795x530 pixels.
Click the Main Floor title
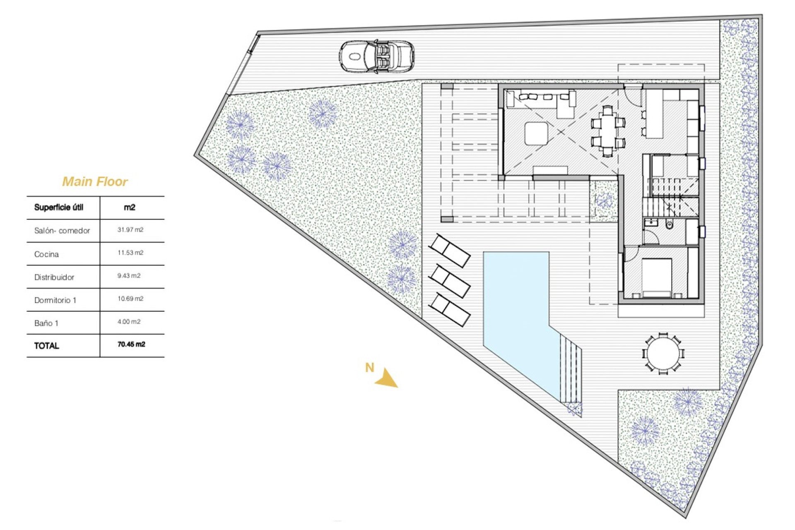(95, 181)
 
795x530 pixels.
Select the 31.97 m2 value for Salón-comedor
(130, 230)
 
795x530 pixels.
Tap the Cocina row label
(46, 254)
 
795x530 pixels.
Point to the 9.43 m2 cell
(129, 276)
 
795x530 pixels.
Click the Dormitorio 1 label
(55, 300)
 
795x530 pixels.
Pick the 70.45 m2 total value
(131, 344)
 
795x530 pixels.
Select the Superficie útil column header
(59, 207)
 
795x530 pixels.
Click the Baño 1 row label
(46, 323)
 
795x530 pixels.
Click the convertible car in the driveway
(376, 57)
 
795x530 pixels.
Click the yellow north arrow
(387, 378)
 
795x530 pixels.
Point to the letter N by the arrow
(369, 367)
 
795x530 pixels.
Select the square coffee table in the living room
(536, 133)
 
